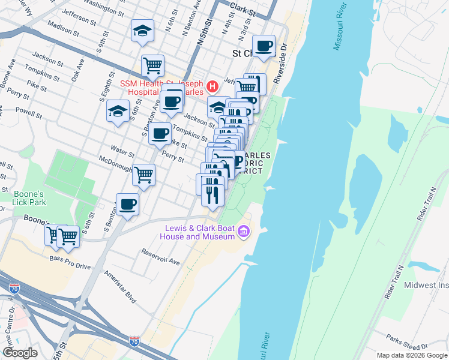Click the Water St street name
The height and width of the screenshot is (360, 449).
pyautogui.click(x=122, y=148)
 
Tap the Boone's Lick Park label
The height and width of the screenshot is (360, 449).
pyautogui.click(x=29, y=198)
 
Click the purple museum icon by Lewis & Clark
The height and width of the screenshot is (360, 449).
pyautogui.click(x=243, y=231)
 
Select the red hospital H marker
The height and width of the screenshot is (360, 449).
pyautogui.click(x=212, y=88)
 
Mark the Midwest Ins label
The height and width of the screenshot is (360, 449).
pyautogui.click(x=426, y=285)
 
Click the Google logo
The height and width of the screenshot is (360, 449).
pyautogui.click(x=20, y=352)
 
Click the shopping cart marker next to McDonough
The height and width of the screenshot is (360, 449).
pyautogui.click(x=143, y=175)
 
